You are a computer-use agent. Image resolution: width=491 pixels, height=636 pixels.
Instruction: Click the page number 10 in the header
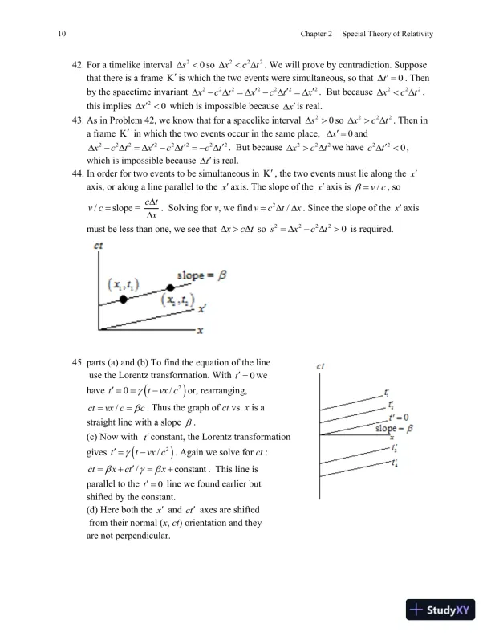click(x=63, y=34)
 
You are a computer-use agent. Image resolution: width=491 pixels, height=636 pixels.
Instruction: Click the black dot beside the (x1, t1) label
click(x=124, y=298)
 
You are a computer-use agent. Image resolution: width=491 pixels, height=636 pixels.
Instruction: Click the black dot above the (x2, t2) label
click(x=170, y=288)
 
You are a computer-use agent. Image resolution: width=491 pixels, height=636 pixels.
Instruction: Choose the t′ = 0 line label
click(x=397, y=417)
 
